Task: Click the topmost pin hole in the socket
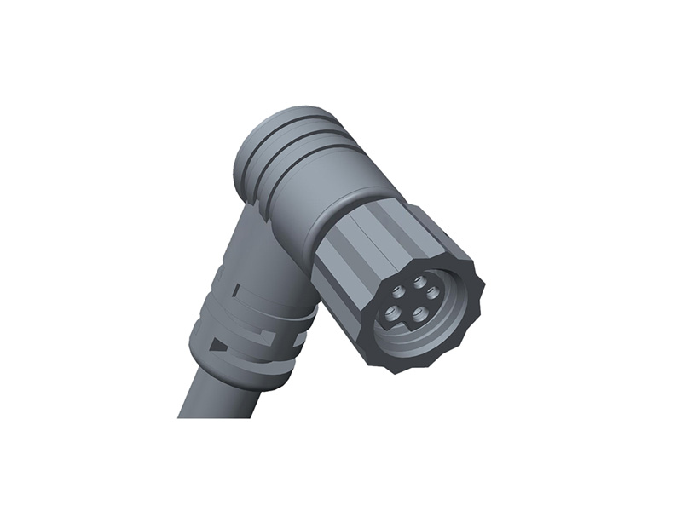pyautogui.click(x=419, y=282)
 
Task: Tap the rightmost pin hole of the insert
pyautogui.click(x=433, y=293)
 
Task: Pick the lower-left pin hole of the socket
pyautogui.click(x=393, y=313)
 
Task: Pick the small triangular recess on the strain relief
pyautogui.click(x=217, y=344)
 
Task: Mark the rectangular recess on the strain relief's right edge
pyautogui.click(x=299, y=340)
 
